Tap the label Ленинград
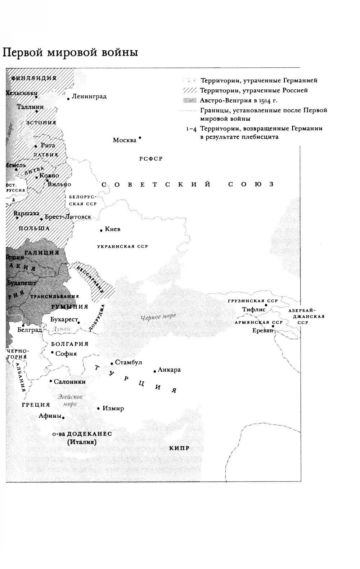pos(89,97)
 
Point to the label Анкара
pos(169,370)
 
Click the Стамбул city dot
pos(112,363)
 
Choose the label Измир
pos(113,408)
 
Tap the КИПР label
pos(179,448)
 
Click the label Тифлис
pos(254,309)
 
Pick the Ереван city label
pos(262,330)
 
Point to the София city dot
pos(53,353)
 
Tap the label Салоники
pos(69,382)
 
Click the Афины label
pos(50,416)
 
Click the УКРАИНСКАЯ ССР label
pos(122,247)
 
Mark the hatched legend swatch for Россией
pos(190,90)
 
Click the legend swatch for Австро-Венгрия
pos(190,100)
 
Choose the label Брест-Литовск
pos(68,217)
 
